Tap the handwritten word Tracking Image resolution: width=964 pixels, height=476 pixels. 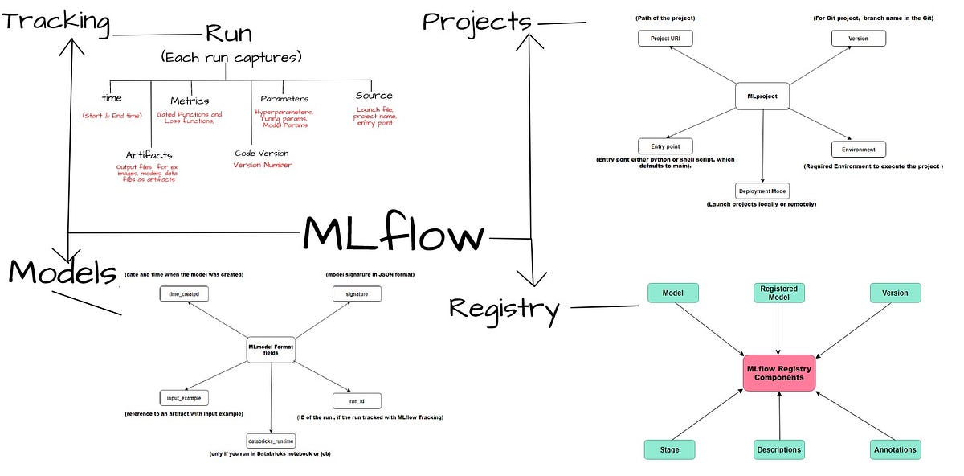(x=56, y=21)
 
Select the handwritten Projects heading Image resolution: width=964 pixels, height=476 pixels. (x=477, y=21)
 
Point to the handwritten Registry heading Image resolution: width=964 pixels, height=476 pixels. (x=504, y=309)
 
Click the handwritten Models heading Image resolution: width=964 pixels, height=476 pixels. (x=62, y=273)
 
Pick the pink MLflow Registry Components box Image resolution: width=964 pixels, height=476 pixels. (x=778, y=373)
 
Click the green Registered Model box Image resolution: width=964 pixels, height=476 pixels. (x=778, y=293)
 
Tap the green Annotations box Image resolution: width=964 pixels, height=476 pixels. (x=896, y=449)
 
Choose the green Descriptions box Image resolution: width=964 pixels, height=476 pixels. (x=778, y=449)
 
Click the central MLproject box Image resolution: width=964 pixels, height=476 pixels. (x=762, y=96)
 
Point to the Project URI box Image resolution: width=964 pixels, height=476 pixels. (x=664, y=39)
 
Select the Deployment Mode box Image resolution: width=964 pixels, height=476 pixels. (x=762, y=191)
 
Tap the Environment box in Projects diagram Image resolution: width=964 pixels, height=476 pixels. (x=858, y=150)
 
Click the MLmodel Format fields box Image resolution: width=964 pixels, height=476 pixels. (x=271, y=350)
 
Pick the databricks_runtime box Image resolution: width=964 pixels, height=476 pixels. (x=271, y=440)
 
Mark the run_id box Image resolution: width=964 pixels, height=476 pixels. (x=356, y=400)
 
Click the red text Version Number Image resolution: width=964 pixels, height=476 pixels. (x=263, y=165)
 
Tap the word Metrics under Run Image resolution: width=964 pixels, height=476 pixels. (x=190, y=101)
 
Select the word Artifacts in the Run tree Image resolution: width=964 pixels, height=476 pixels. (x=149, y=154)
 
